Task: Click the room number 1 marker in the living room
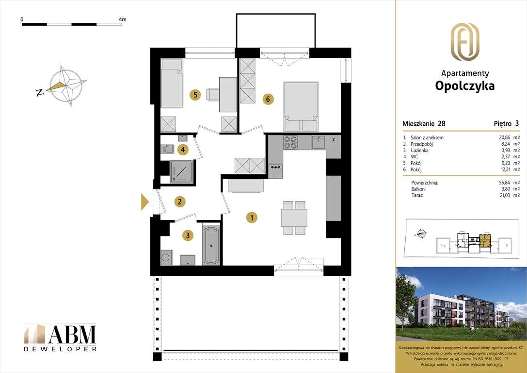coord(252,218)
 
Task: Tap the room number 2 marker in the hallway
coord(179,201)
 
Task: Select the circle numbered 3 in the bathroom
coord(188,236)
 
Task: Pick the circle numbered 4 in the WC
coord(182,149)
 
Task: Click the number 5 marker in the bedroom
coord(195,95)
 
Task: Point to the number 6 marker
coord(268,99)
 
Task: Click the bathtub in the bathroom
coord(211,245)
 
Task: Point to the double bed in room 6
coord(301,103)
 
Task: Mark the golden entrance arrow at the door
coord(144,202)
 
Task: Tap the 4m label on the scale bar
coord(122,19)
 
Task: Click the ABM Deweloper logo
coord(60,337)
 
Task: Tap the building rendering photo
coord(461,304)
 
